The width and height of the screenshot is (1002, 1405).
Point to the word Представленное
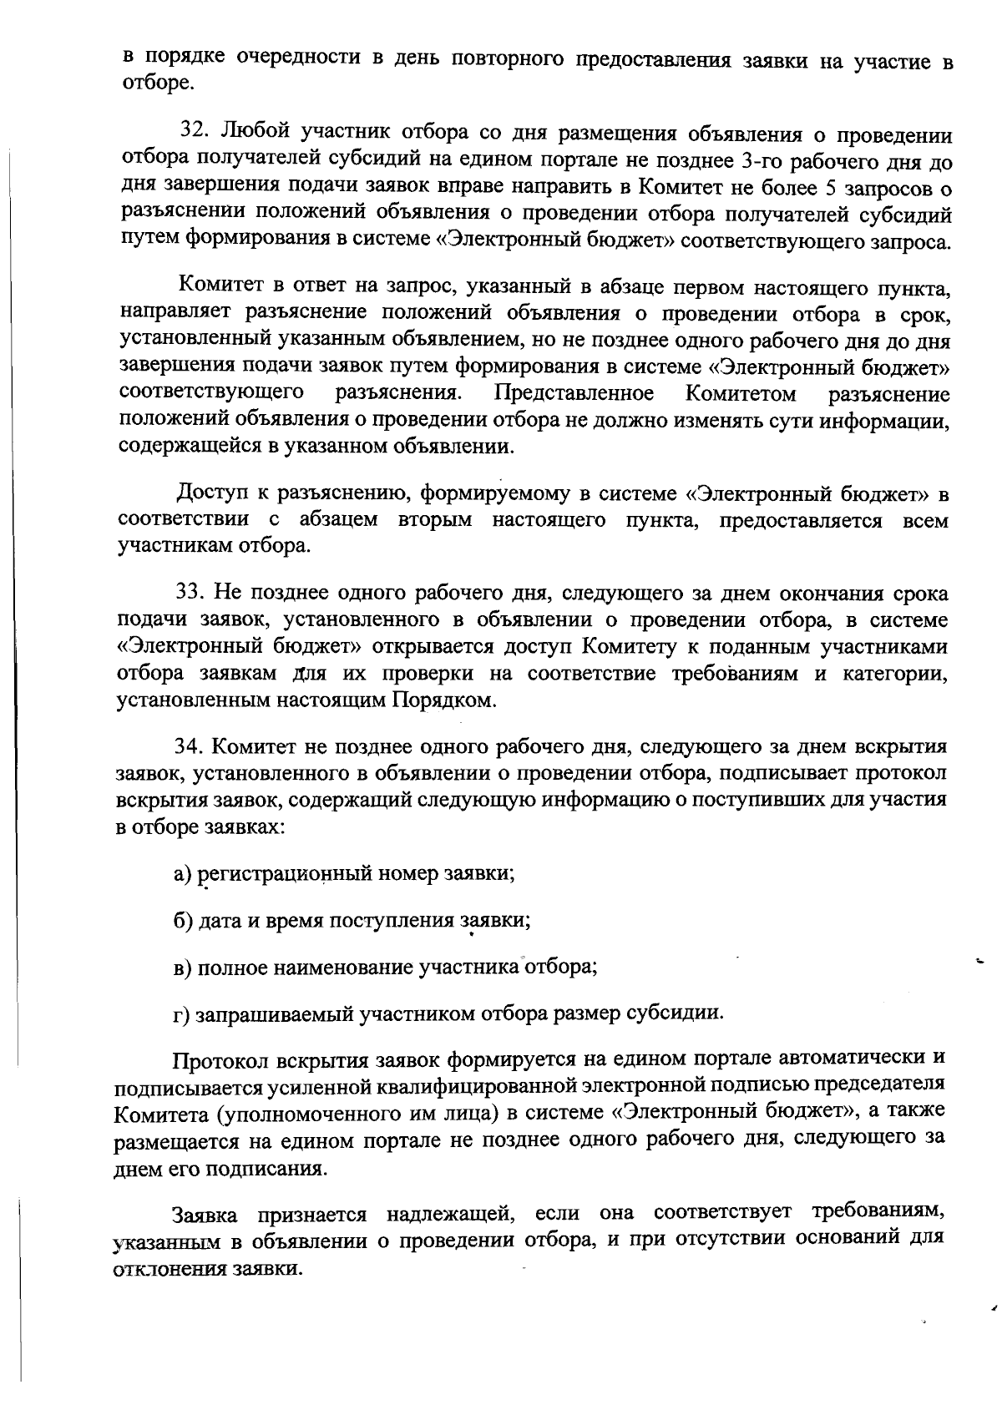click(574, 393)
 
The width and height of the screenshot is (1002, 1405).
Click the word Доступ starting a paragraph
click(212, 493)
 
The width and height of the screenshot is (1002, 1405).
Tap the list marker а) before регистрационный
click(183, 874)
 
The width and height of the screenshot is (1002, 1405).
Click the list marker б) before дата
click(183, 921)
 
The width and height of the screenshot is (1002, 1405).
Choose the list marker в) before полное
click(183, 968)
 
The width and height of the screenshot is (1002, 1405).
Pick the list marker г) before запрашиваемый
click(182, 1014)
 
